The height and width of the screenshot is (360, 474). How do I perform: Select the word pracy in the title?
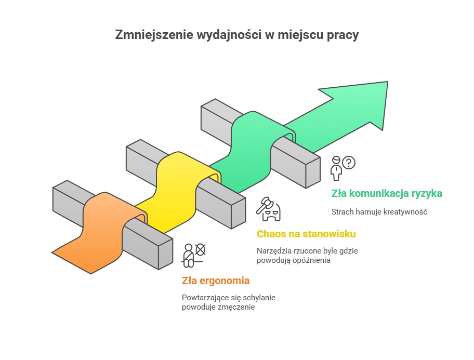[x=343, y=35]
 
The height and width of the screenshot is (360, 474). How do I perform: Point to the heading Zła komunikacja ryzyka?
[x=387, y=194]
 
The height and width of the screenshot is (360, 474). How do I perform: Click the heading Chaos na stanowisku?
[x=306, y=234]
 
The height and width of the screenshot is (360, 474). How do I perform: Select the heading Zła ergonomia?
[x=216, y=281]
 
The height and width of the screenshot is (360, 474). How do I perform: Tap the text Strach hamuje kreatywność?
[x=379, y=212]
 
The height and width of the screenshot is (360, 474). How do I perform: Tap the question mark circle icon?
[x=349, y=163]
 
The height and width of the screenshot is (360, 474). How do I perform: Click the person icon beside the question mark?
[x=337, y=167]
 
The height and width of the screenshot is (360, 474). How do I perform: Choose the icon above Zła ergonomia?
[x=194, y=255]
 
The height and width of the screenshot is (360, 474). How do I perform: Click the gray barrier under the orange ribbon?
[x=146, y=244]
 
